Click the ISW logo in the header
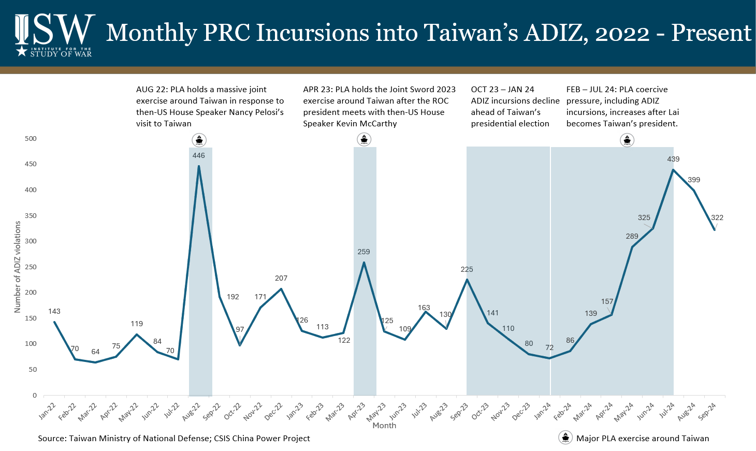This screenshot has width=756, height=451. coord(54,34)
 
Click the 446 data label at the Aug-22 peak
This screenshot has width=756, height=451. coord(198,155)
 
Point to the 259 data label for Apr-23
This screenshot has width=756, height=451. coord(364,252)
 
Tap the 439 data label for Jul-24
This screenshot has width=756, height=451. coord(673,159)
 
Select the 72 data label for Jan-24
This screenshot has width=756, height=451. coord(549,347)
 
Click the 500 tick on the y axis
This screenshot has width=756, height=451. coord(31,138)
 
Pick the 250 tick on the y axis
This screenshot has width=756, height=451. coord(31,267)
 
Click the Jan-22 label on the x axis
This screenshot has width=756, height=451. coord(48,410)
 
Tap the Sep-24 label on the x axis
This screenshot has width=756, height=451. coord(707,410)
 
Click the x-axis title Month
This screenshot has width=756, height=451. coord(384,425)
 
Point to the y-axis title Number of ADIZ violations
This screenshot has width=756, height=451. coord(18,267)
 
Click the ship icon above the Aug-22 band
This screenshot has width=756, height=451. coord(199,140)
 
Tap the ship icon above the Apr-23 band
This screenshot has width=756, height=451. coord(364,139)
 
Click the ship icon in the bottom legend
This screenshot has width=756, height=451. coord(565,438)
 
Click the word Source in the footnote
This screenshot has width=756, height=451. coord(51,438)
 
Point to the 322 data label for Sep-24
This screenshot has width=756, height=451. coord(717,217)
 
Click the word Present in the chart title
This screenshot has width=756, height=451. coord(711,33)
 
